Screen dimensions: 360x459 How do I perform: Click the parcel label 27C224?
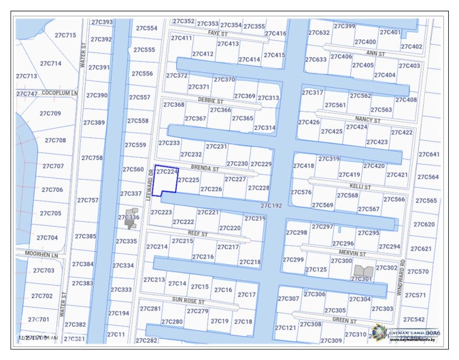point(167,172)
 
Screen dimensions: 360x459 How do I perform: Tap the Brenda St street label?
point(205,167)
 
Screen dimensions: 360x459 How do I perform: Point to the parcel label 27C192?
point(271,205)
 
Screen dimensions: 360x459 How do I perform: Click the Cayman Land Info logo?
point(379,333)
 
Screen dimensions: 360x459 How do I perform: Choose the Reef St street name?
point(197,233)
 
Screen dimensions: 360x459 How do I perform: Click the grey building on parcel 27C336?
point(129,218)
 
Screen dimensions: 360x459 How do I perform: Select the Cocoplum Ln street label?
point(60,93)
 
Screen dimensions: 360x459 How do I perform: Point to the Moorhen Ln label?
point(41,255)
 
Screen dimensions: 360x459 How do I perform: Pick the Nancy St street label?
point(367,120)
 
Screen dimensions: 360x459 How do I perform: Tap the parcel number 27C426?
point(309,122)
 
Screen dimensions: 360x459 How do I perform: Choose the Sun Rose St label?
point(188,299)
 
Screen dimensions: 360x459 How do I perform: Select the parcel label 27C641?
point(429,154)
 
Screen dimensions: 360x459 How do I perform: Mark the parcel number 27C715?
point(65,35)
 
